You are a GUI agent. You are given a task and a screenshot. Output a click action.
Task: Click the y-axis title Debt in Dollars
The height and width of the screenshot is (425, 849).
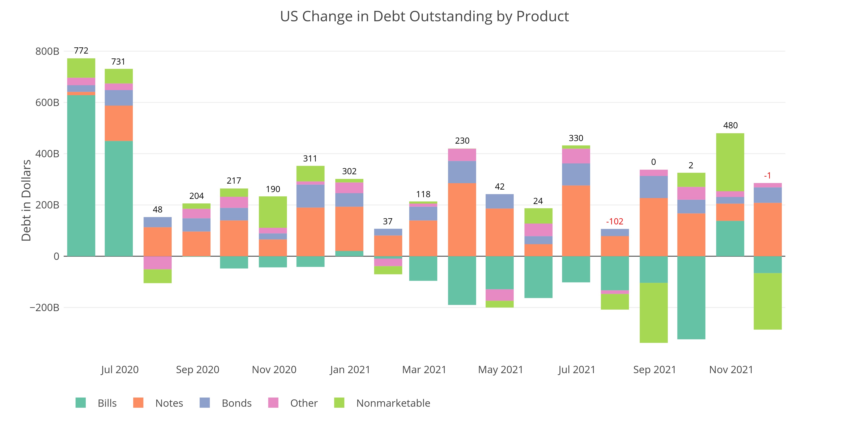click(x=26, y=200)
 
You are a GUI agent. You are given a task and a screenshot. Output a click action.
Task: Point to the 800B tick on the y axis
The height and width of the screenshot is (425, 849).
click(x=47, y=51)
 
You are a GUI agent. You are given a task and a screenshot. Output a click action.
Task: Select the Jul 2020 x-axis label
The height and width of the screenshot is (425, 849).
click(x=120, y=370)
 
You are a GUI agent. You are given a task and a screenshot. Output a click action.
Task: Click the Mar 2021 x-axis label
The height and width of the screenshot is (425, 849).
click(x=424, y=370)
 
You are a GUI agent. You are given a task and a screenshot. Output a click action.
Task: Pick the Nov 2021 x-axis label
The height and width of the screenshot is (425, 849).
click(x=731, y=370)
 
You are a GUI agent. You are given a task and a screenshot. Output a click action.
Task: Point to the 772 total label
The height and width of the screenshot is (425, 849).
click(x=81, y=51)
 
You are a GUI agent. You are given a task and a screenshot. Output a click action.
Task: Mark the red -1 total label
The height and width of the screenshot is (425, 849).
click(x=767, y=176)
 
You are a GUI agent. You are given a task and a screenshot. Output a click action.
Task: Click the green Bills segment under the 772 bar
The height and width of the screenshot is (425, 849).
click(x=81, y=175)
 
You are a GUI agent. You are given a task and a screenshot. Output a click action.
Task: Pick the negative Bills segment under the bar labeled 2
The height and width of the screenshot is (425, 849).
click(x=691, y=297)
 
